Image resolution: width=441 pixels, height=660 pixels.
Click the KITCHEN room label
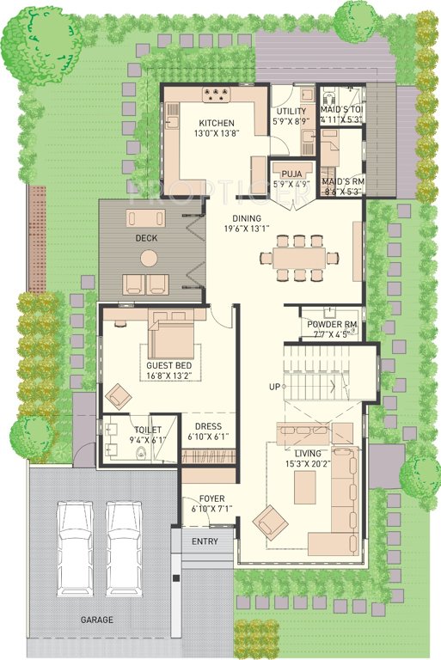217,123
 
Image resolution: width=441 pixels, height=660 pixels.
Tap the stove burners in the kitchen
214,95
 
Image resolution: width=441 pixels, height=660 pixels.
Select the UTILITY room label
291,112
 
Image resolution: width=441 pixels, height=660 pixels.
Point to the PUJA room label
291,172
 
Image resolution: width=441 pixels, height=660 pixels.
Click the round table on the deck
150,256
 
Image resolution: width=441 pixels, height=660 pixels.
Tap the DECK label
145,238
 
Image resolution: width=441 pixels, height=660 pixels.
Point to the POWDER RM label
331,324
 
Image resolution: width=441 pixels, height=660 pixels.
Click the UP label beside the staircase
275,387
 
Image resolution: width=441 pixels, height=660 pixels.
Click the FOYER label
211,498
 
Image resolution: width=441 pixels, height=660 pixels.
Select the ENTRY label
205,541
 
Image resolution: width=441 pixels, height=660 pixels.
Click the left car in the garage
74,548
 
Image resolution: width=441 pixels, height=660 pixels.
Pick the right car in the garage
123,548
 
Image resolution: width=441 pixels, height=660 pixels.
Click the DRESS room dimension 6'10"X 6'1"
208,437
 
